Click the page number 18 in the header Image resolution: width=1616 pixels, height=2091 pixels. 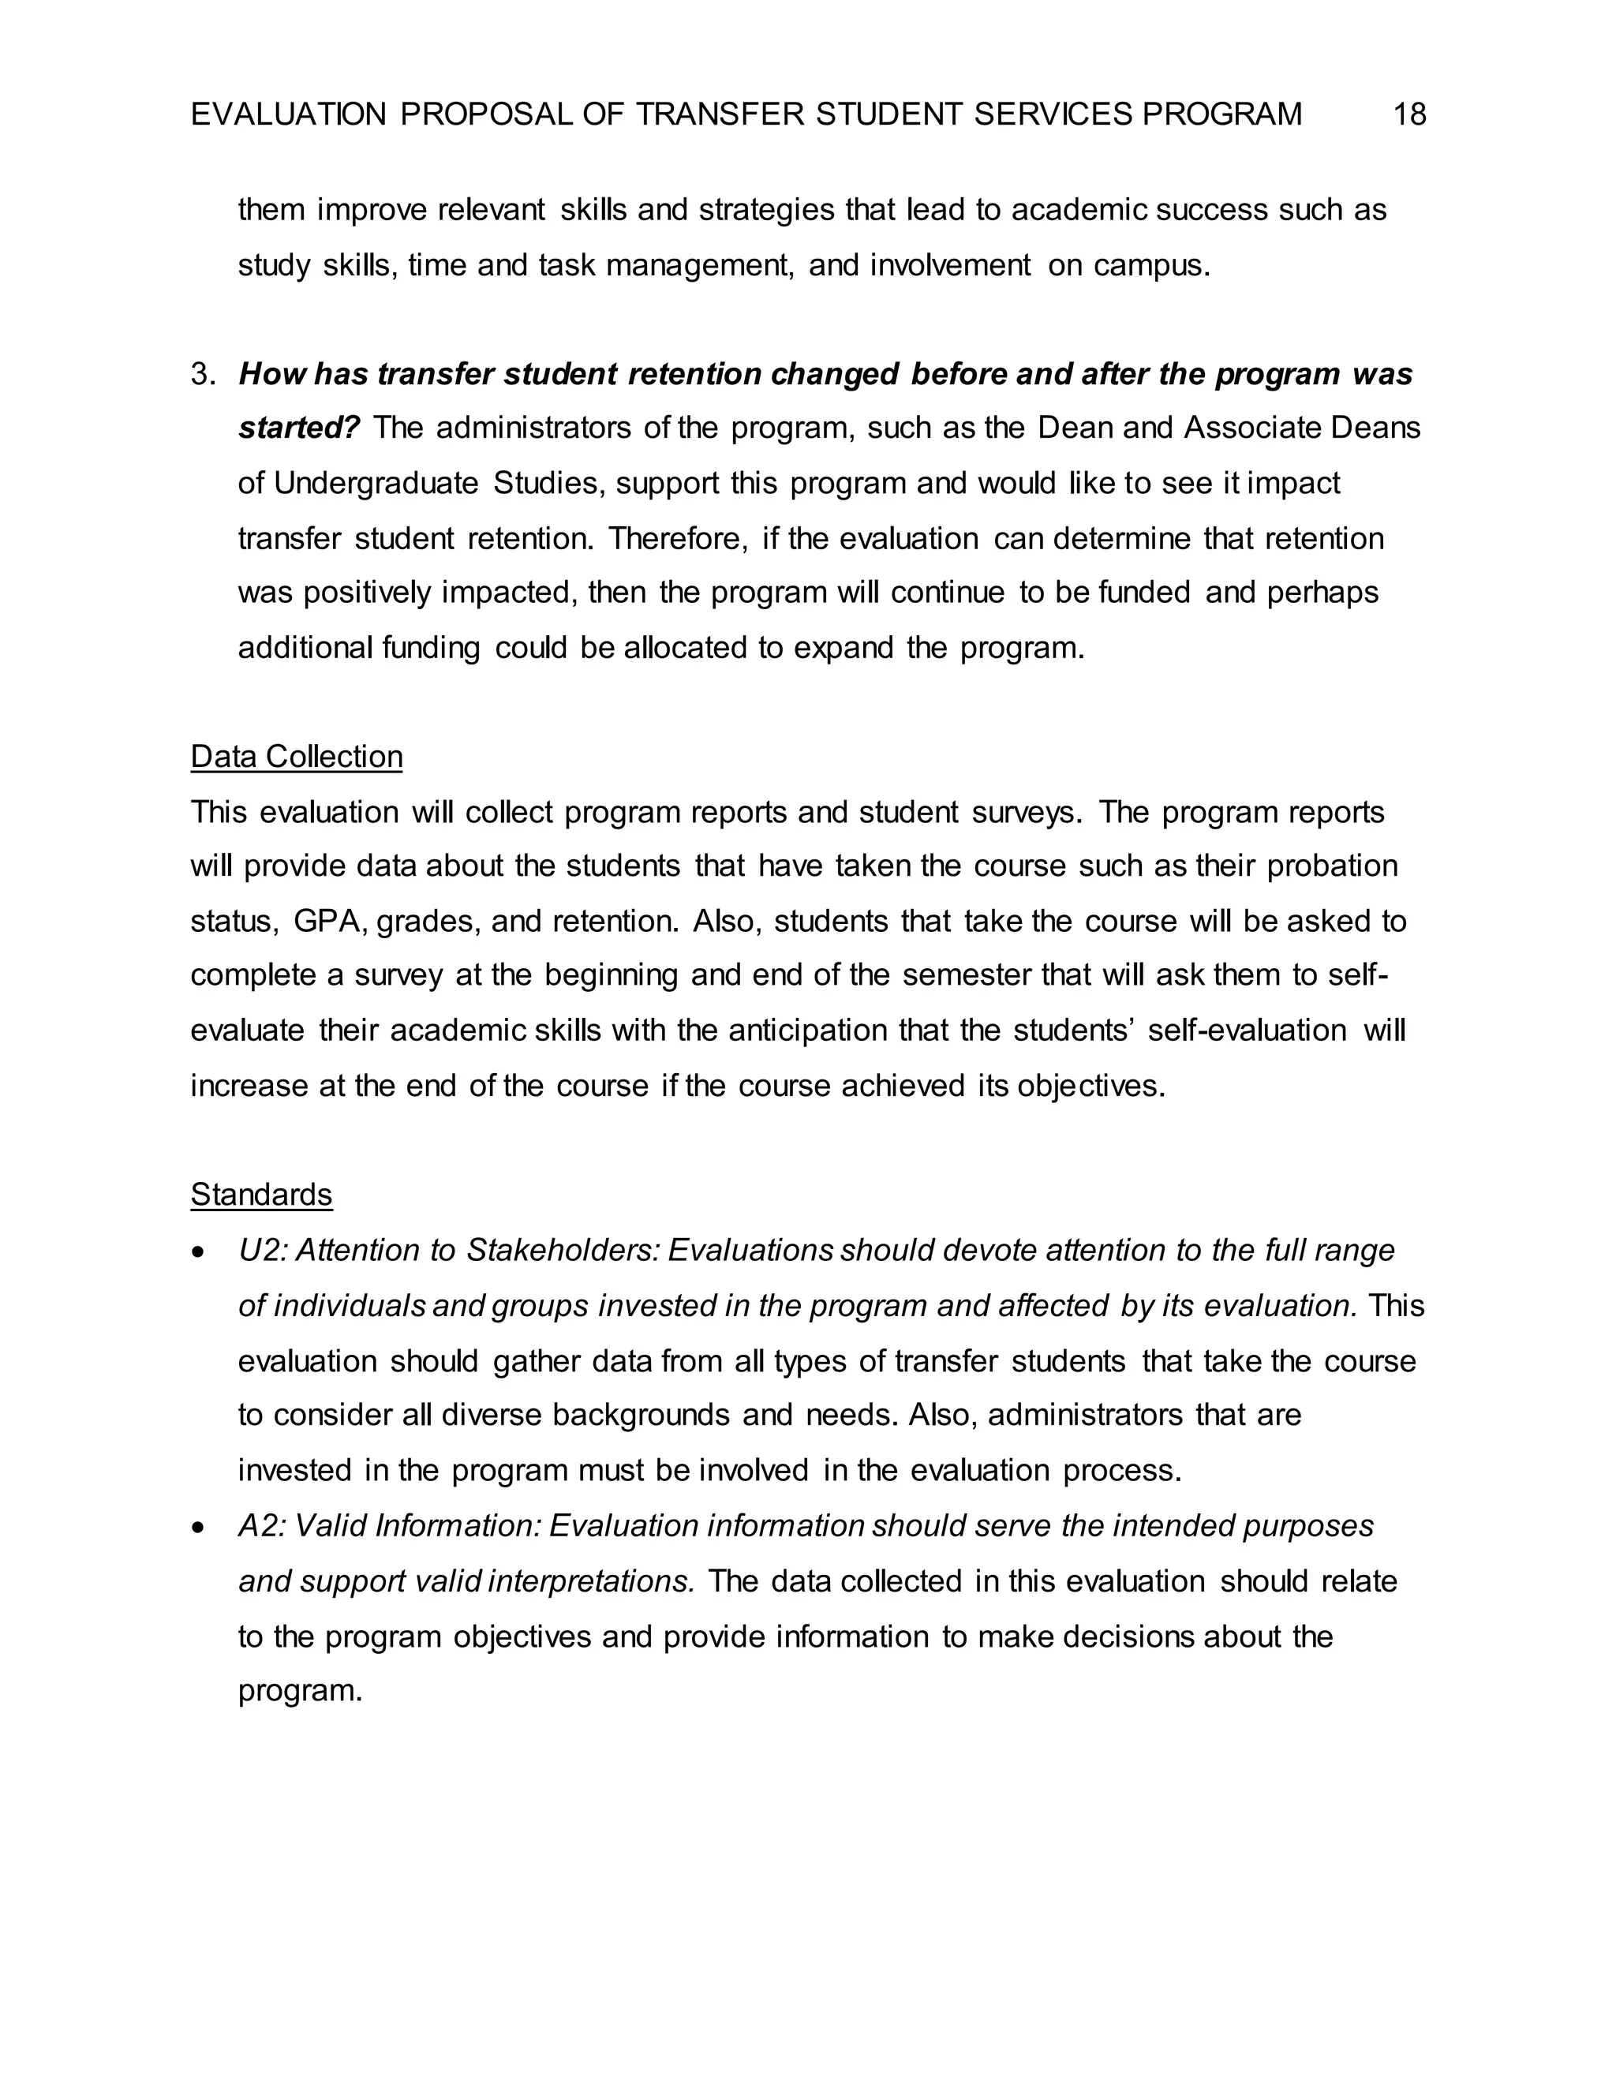tap(1409, 115)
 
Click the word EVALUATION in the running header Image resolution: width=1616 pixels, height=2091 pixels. tap(288, 115)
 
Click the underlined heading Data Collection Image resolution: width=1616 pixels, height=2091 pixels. tap(297, 757)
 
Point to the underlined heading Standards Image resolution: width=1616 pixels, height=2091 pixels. tap(261, 1195)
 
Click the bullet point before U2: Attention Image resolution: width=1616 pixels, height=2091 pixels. tap(198, 1252)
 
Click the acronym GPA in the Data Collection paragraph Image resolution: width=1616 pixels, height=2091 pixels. tap(331, 922)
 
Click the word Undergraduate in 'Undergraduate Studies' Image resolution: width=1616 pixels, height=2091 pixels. tap(376, 484)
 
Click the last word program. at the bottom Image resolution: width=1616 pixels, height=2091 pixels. tap(300, 1692)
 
